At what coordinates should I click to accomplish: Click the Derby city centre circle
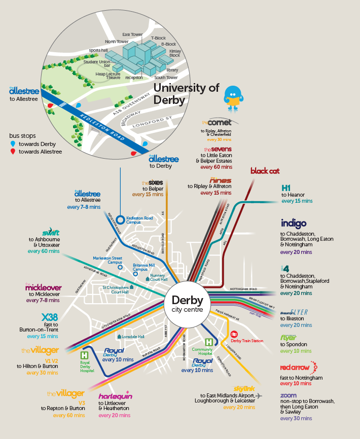coord(187,304)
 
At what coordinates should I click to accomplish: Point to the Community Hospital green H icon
coord(208,343)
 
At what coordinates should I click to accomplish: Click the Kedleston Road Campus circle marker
coord(120,219)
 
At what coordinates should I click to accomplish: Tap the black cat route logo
coord(265,171)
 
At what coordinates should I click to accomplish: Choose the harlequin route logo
coord(115,395)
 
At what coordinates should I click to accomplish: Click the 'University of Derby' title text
coord(186,93)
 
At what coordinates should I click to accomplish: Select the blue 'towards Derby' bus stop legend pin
coord(12,144)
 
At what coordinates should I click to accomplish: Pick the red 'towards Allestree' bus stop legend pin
coord(12,152)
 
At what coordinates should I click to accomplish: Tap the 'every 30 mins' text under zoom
coord(296,418)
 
